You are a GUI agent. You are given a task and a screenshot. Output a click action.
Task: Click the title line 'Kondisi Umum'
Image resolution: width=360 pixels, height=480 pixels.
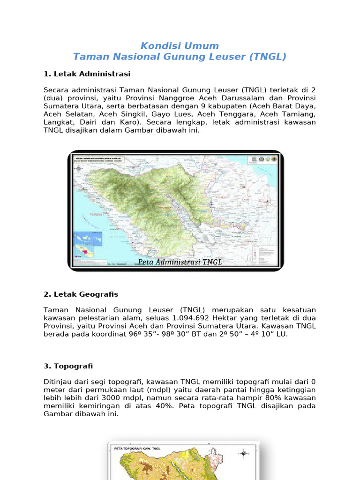click(180, 46)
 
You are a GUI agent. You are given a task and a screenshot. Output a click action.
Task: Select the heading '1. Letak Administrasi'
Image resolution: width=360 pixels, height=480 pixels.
click(87, 74)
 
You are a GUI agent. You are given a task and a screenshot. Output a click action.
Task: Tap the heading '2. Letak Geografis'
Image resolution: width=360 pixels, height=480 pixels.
click(81, 294)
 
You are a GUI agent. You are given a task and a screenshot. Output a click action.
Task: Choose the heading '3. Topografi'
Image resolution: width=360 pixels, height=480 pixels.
click(68, 366)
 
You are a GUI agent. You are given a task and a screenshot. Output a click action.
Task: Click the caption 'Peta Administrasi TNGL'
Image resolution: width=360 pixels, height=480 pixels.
click(180, 262)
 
